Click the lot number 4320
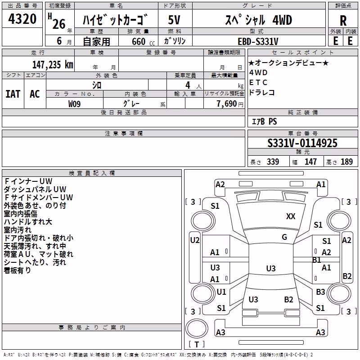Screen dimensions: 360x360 (22, 19)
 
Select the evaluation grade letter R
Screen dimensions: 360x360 (343, 21)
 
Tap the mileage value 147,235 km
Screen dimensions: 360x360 (53, 64)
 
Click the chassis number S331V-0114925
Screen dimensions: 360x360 (302, 143)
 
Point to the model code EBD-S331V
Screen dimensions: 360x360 (258, 41)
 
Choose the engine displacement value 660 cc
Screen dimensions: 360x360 (143, 41)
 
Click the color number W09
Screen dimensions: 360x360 (74, 104)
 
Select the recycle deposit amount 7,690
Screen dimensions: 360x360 (227, 104)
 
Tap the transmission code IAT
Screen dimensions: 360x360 (13, 94)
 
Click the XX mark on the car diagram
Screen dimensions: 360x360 (291, 216)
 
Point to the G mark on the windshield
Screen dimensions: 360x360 (284, 237)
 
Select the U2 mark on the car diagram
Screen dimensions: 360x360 (195, 240)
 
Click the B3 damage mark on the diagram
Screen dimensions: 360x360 (320, 292)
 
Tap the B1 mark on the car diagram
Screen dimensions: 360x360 (317, 260)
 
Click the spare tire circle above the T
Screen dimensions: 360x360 (197, 328)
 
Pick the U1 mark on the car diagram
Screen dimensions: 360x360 (221, 292)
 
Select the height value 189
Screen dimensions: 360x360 (346, 162)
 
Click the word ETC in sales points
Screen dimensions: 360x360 (258, 82)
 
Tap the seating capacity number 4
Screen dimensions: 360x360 (188, 85)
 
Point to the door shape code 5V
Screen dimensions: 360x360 (174, 20)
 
